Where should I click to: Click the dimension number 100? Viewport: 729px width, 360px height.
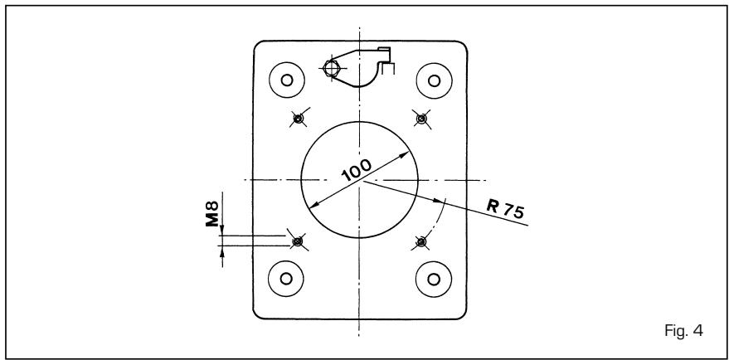click(x=357, y=170)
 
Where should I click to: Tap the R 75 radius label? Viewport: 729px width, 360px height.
click(x=506, y=208)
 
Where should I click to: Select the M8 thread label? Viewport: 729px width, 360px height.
click(x=212, y=214)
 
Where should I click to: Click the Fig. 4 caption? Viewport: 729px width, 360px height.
click(x=684, y=331)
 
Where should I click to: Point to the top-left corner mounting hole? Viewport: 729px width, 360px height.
click(x=287, y=80)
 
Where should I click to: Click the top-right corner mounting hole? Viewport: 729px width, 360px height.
click(x=435, y=81)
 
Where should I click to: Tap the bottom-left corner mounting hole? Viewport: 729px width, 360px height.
click(x=286, y=279)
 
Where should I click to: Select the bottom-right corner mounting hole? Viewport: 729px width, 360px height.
click(x=434, y=279)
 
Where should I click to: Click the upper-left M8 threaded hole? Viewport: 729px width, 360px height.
click(x=299, y=119)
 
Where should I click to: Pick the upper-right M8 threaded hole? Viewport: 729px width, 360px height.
click(x=421, y=119)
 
